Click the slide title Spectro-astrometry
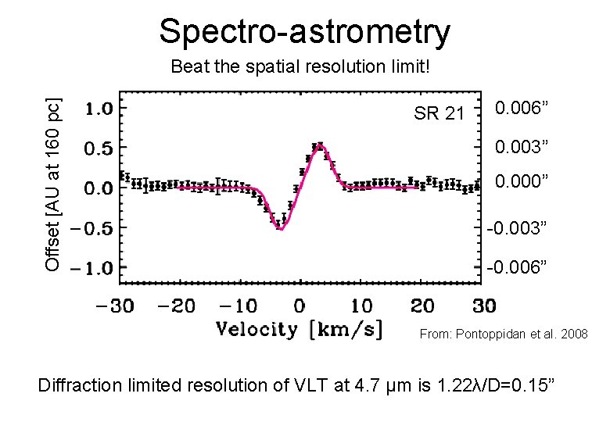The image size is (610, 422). point(305,32)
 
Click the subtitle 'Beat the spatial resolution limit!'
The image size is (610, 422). point(300,67)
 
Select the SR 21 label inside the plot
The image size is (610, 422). point(439,114)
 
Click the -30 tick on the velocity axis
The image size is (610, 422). point(115,305)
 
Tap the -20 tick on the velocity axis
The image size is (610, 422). point(177,305)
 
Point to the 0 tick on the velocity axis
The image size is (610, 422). point(300,305)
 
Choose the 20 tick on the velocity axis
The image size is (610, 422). point(422,305)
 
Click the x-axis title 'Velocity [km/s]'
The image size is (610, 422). point(300,329)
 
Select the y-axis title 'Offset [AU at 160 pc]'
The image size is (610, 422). point(52,184)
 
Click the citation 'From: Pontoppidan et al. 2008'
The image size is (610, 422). point(504,334)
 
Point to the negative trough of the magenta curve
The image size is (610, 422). point(280,229)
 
